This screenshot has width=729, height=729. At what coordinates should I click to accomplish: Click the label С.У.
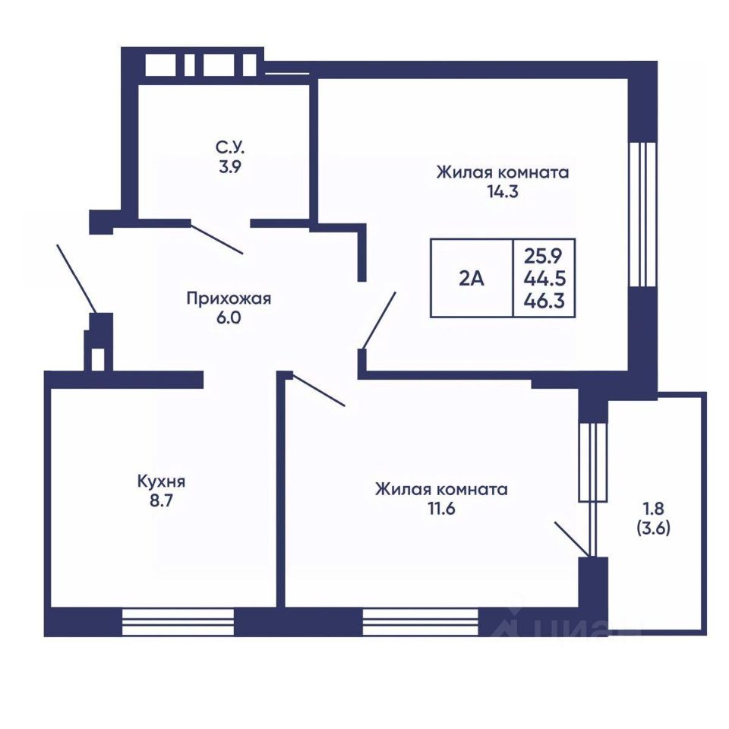[229, 147]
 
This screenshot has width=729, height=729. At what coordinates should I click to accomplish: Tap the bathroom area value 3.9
[230, 166]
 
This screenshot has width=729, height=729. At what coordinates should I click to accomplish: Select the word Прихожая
[229, 298]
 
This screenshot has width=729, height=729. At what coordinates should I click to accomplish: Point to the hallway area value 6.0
[229, 318]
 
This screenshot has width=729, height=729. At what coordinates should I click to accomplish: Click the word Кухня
[161, 481]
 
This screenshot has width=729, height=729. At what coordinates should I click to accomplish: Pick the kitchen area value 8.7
[161, 501]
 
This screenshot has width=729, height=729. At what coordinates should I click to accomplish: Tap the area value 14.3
[503, 191]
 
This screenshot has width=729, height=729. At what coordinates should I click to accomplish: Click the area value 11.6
[441, 509]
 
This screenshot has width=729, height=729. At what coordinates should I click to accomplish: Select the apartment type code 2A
[472, 279]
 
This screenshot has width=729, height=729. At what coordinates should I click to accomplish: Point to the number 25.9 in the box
[543, 256]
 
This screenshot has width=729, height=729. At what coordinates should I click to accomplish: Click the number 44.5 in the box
[544, 279]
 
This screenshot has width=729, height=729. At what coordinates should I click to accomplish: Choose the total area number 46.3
[544, 301]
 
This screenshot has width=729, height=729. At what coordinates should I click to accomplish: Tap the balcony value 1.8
[653, 509]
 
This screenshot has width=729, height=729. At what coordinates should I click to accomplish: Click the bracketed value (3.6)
[653, 529]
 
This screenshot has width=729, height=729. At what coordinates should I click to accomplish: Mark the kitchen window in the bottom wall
[178, 622]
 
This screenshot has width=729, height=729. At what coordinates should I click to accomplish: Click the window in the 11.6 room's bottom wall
[420, 622]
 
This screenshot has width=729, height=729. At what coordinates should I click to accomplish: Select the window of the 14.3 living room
[642, 214]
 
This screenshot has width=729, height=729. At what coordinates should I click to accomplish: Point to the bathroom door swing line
[216, 240]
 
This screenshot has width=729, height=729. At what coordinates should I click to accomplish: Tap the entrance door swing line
[77, 279]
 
